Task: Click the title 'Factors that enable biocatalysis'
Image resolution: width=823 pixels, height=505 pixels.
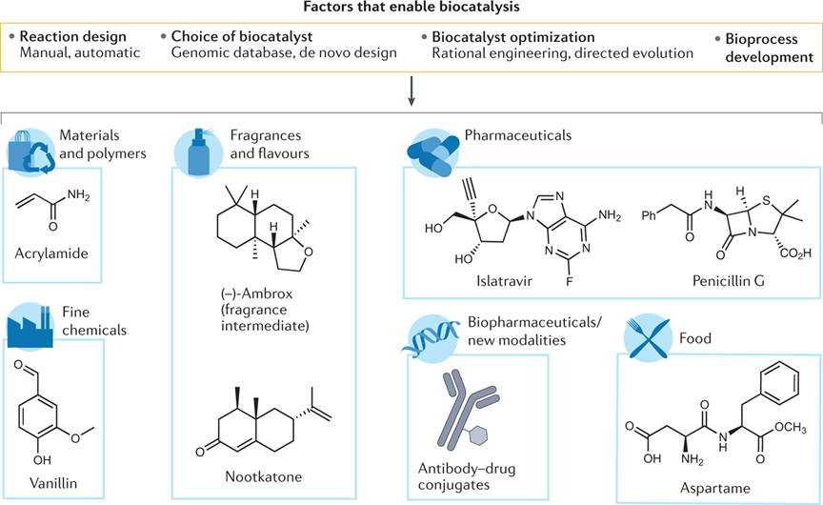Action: [x=411, y=9]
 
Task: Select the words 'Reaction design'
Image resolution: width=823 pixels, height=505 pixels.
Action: [x=71, y=36]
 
